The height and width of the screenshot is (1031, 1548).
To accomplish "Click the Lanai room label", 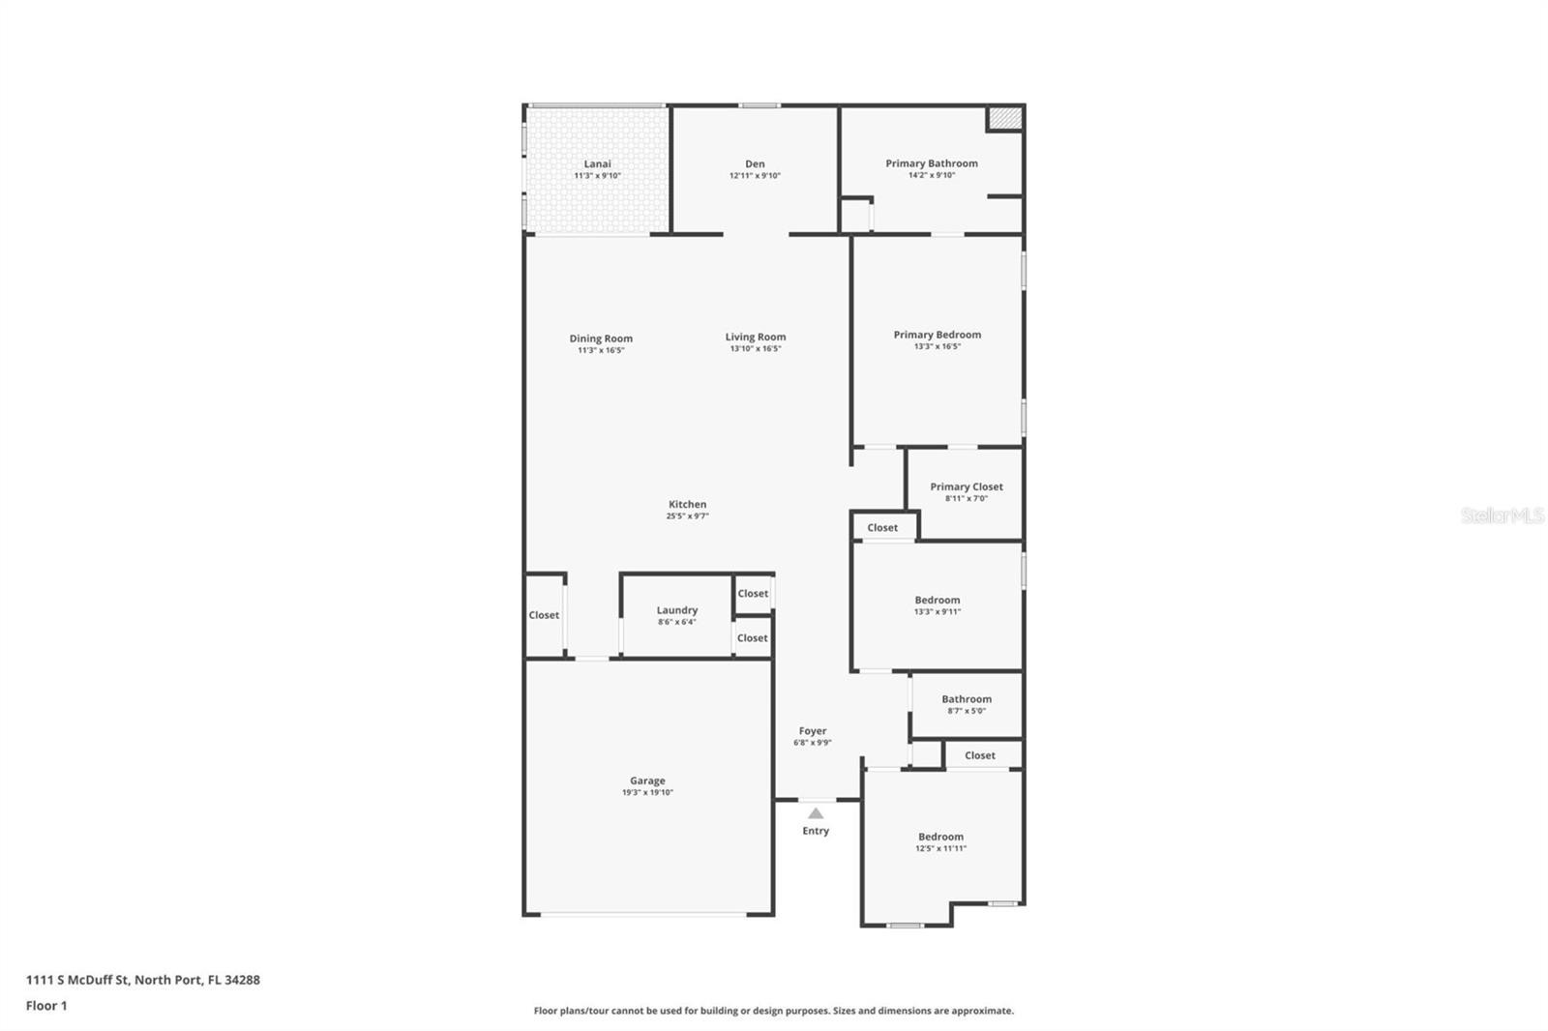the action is tap(597, 163).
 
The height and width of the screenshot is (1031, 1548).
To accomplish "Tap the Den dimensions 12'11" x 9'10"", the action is tap(755, 175).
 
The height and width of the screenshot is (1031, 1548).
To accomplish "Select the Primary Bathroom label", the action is tap(932, 163).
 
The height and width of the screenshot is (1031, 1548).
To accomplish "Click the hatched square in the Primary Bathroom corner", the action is tap(1005, 117).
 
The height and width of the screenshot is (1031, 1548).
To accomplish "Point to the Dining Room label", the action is tap(601, 339).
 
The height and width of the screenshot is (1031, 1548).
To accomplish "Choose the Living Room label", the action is tap(756, 338).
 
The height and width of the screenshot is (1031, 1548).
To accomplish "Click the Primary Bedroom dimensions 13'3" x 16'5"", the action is tap(938, 346).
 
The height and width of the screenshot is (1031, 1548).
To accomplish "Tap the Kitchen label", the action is tap(687, 505).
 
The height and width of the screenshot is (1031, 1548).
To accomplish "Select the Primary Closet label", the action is tap(967, 486).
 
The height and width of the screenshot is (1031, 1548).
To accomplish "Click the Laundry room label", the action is tap(676, 610).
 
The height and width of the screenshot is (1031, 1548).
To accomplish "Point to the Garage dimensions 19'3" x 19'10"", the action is tap(647, 793).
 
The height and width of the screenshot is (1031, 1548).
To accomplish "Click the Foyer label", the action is tap(812, 730).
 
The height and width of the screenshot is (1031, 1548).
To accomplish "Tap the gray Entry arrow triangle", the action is tap(816, 814).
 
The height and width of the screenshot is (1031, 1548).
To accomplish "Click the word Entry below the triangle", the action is tap(816, 831).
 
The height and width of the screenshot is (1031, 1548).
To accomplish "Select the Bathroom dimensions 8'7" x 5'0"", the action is tap(967, 710).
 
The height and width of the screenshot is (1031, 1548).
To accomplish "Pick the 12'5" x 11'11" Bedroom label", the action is tap(940, 837).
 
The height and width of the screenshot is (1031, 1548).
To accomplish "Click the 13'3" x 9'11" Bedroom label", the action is tap(938, 600).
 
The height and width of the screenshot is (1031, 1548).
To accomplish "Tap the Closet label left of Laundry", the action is tap(544, 615).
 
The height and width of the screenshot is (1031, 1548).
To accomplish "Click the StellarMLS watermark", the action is tap(1502, 515).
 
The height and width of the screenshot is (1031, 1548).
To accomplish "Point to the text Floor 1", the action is tap(46, 1006).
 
